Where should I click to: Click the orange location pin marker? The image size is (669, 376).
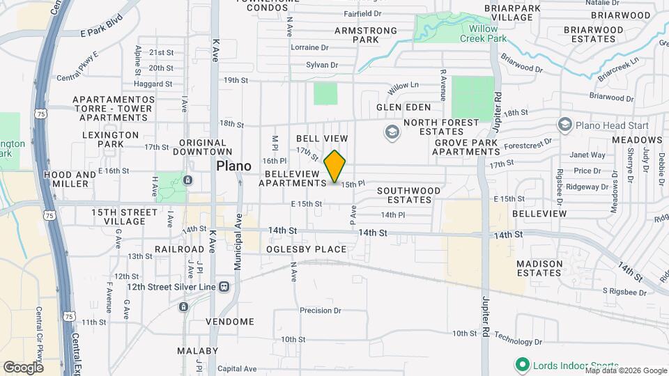point(335,166)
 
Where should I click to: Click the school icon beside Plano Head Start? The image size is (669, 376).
point(564,125)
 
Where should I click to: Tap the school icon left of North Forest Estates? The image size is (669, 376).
point(392,131)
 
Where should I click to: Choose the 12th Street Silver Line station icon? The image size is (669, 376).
point(224,286)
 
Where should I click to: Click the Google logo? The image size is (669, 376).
point(24,367)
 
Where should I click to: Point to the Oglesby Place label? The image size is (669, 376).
point(306,249)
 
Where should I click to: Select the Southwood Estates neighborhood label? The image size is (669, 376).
point(408,195)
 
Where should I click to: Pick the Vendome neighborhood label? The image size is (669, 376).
point(230,322)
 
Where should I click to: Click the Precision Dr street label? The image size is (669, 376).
point(320,311)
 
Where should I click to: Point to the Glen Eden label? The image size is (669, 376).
point(399,107)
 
